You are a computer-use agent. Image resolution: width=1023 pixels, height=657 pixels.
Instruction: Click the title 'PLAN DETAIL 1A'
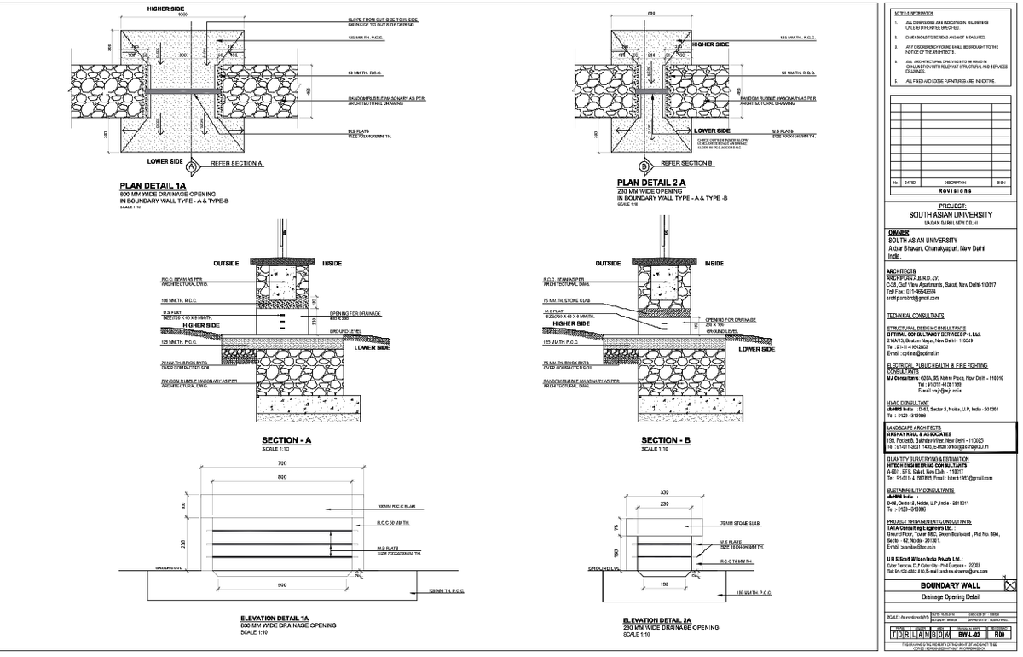click(x=153, y=183)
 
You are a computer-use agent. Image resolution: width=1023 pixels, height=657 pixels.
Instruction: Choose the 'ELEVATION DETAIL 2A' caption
click(x=664, y=620)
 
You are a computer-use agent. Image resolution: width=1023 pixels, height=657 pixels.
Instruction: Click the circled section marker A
click(x=192, y=166)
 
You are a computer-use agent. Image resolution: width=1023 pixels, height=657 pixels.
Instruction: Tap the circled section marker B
click(x=644, y=166)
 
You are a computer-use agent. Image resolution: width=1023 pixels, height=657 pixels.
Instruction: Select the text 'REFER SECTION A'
click(x=236, y=161)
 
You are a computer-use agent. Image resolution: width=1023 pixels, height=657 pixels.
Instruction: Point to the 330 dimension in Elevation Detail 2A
click(x=663, y=492)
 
